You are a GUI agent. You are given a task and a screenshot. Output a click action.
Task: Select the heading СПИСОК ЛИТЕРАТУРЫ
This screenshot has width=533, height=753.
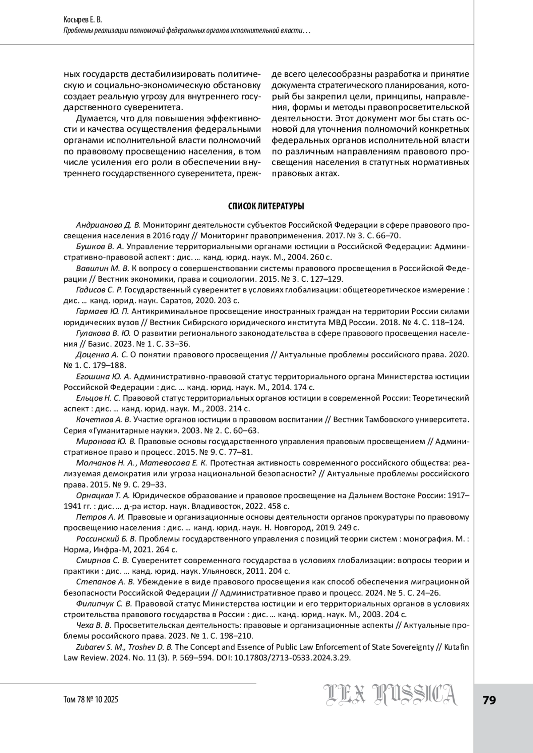click(x=266, y=206)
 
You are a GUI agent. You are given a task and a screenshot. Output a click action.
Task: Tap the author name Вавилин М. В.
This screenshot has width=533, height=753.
click(x=102, y=268)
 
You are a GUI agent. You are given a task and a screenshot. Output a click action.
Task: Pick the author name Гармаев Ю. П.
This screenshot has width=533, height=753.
click(x=102, y=311)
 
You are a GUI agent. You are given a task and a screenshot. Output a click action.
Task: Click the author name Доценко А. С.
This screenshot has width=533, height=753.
click(x=102, y=355)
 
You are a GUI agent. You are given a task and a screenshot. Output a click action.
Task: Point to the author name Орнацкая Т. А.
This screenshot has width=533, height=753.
click(x=103, y=495)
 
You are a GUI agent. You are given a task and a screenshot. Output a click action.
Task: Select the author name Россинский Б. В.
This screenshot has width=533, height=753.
click(x=107, y=539)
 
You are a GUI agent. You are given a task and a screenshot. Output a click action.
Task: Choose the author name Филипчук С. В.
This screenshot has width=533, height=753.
click(x=104, y=604)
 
